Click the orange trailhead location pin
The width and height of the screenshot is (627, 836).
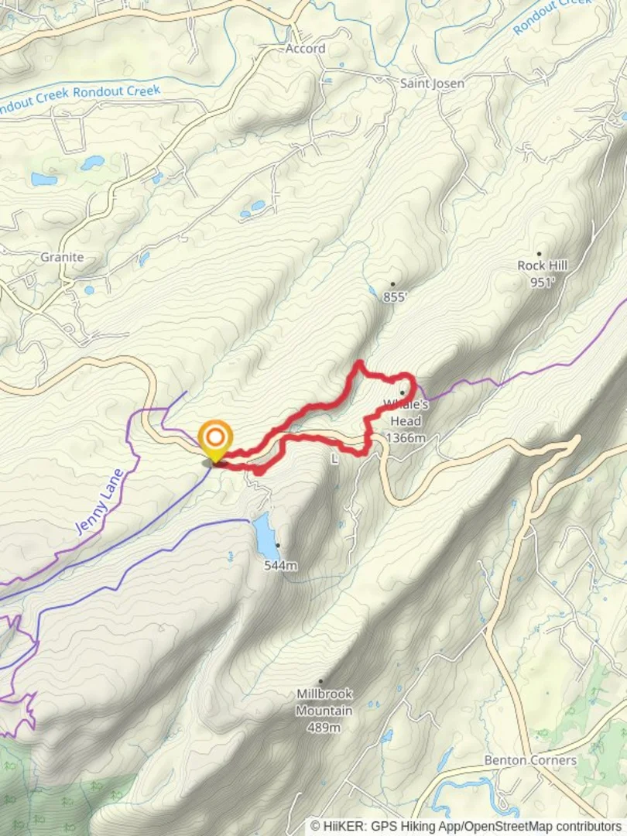pos(214,439)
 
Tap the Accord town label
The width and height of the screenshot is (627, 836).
pos(305,49)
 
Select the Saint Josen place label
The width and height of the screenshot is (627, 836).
pos(432,83)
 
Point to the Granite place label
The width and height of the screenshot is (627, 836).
pos(62,257)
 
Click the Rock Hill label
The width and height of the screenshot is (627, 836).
pos(543,266)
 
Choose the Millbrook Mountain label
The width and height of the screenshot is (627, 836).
pos(324,703)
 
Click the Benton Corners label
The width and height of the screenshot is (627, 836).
pos(530,760)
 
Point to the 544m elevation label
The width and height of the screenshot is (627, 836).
pos(280,566)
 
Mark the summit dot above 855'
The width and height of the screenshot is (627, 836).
pos(392,284)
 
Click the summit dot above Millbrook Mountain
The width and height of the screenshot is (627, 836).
pos(320,681)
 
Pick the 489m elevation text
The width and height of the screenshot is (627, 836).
pos(324,728)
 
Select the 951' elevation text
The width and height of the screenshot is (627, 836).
pos(543,283)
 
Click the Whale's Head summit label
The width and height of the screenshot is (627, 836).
pos(404,413)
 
